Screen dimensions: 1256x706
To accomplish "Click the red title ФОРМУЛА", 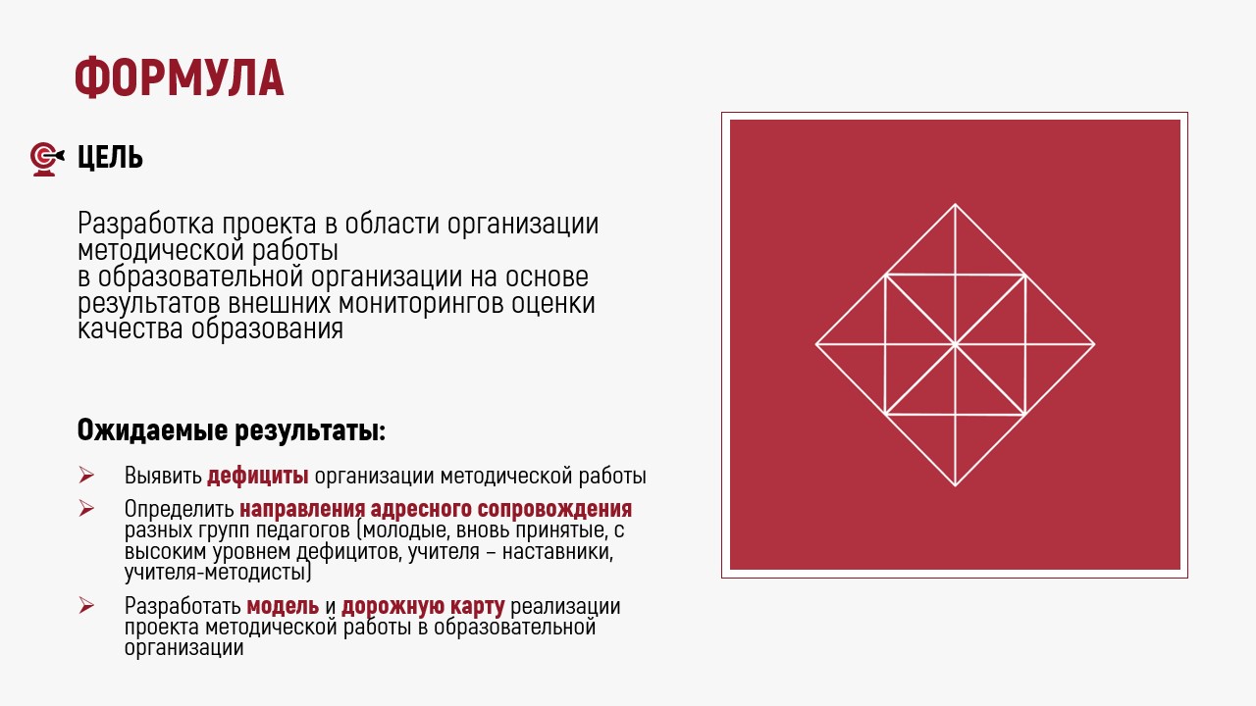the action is [180, 77].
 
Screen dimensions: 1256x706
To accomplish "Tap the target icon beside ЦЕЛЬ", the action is [46, 159].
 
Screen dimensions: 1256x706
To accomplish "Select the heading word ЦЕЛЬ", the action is [111, 158].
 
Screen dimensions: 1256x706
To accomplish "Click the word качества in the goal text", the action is [131, 328].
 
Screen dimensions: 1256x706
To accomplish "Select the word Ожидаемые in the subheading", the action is [152, 430].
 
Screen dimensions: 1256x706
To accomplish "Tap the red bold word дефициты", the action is [258, 476].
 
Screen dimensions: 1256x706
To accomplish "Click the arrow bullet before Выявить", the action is [86, 476].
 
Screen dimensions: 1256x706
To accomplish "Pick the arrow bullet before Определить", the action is [86, 508].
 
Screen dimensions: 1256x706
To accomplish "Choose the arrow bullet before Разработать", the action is [86, 606].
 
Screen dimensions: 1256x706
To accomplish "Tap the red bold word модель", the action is [283, 606].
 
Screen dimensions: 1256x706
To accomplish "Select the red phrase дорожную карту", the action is [423, 607].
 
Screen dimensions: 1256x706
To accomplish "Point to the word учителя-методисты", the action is [218, 573].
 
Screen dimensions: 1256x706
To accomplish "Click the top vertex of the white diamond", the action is [956, 204].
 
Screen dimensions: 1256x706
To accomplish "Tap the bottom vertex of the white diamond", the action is [956, 485].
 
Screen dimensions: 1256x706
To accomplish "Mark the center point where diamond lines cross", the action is [956, 344].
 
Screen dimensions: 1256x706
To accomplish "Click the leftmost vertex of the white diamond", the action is [815, 344].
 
